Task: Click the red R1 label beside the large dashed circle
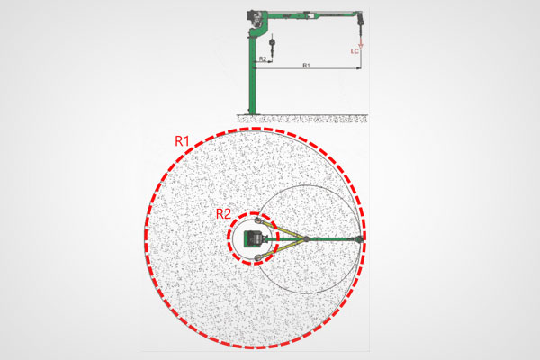pos(182,141)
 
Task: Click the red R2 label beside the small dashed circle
pos(223,214)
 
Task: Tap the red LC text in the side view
pos(355,51)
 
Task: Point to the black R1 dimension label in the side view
pos(306,65)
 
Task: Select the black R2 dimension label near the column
pos(263,58)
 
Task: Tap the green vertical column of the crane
pos(252,74)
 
